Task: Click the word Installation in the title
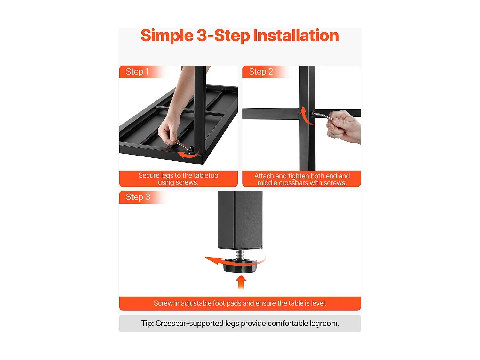[296, 36]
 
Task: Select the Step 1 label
[137, 72]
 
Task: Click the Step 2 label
[261, 72]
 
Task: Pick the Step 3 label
[138, 197]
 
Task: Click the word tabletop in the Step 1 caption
[206, 175]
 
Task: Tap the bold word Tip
[148, 324]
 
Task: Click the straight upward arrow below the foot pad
[241, 283]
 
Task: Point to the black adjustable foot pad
[240, 266]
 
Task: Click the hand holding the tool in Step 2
[344, 127]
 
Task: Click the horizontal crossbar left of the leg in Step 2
[271, 114]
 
